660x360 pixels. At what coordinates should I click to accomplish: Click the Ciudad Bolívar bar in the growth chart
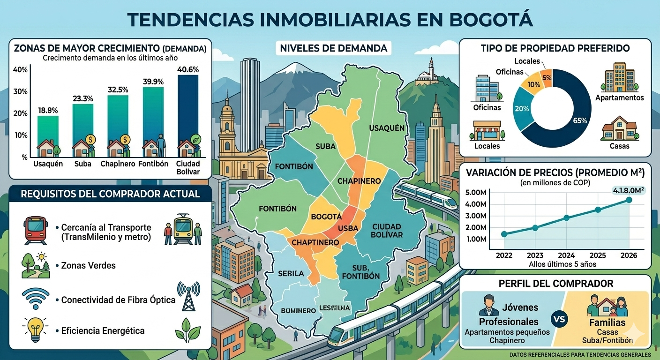[x=188, y=112]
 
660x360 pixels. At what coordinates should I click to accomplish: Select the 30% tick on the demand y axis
[x=21, y=91]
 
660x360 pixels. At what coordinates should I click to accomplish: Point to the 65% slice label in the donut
[x=580, y=120]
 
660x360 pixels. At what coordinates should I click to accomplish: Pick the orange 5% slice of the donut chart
[x=547, y=77]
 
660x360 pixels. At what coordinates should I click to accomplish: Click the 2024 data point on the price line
[x=567, y=218]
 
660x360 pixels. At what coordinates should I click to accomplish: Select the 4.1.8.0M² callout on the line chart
[x=628, y=190]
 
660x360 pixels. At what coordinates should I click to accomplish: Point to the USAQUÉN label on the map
[x=386, y=128]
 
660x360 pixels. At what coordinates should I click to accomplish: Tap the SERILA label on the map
[x=291, y=273]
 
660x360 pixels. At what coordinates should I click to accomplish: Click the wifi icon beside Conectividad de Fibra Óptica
[x=35, y=298]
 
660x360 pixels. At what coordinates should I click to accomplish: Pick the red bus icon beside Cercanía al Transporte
[x=35, y=228]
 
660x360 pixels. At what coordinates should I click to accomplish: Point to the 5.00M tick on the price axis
[x=477, y=193]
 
